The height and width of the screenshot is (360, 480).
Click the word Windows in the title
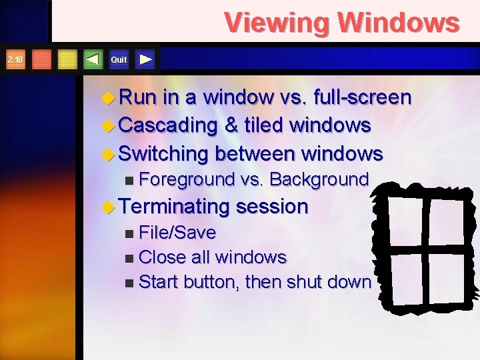point(399,23)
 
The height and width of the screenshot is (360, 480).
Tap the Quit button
point(119,60)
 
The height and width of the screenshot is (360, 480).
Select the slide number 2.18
point(15,60)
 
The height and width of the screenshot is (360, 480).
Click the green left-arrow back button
point(93,60)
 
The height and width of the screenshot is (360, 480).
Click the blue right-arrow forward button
point(146,60)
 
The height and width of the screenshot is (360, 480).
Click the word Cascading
point(169,125)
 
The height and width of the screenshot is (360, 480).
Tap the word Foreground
point(189,179)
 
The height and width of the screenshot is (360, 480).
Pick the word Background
point(319,179)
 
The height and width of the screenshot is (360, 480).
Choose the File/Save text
point(178,233)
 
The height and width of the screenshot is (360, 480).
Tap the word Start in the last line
point(159,281)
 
